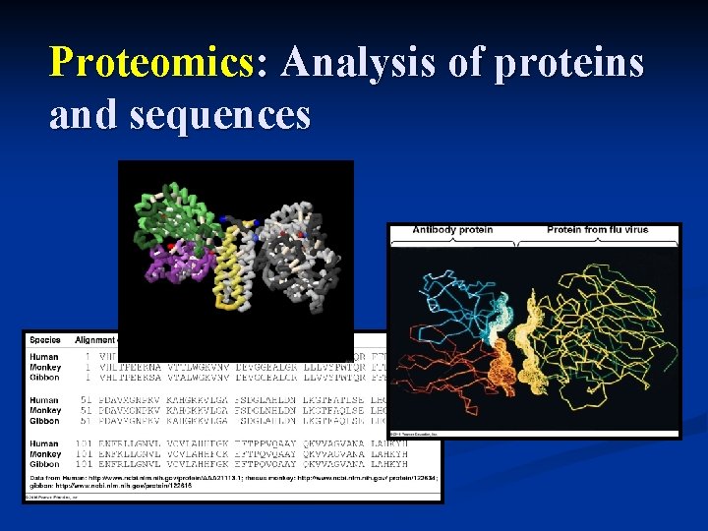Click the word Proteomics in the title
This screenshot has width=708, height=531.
pos(151,63)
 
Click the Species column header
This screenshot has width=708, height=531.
pos(45,341)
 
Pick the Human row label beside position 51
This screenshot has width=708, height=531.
pos(44,400)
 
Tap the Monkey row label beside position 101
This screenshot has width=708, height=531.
pos(45,454)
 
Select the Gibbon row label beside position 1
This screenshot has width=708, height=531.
pos(44,377)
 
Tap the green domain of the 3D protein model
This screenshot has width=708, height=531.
pos(177,211)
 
